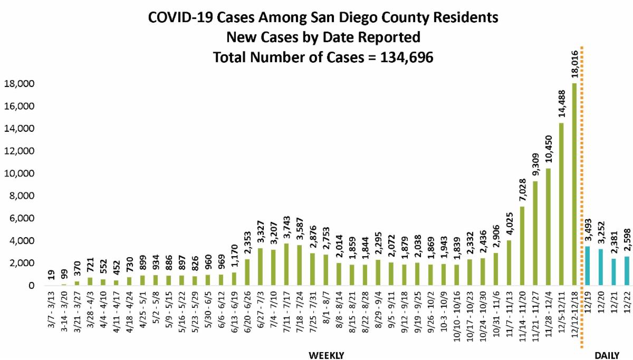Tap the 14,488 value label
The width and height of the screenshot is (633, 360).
coord(561,102)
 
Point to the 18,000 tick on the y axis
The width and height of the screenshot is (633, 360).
coord(20,84)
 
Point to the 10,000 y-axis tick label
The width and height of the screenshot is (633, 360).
coord(20,173)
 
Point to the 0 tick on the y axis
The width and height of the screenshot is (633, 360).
coord(31,286)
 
